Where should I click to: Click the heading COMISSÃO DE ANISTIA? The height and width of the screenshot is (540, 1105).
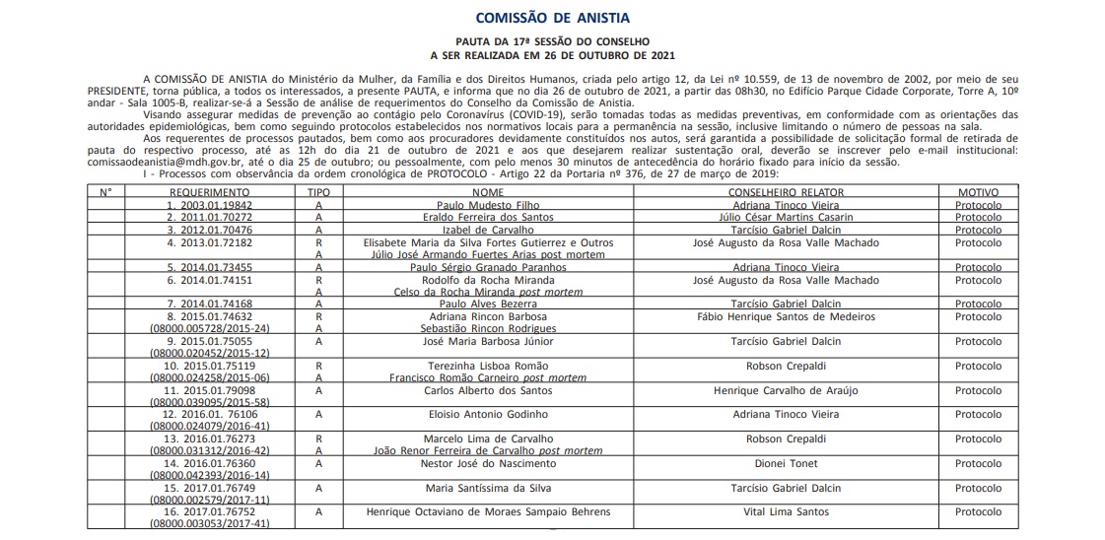(x=552, y=18)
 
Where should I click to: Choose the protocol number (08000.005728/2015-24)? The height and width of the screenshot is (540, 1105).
(x=209, y=328)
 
